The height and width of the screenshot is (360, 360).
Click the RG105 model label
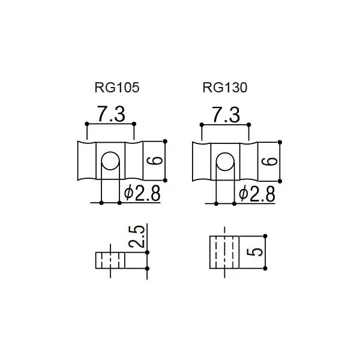117,88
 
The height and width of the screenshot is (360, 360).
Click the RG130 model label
225,88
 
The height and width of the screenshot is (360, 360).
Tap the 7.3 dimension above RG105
112,114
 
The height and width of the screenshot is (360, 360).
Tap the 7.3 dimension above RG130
226,115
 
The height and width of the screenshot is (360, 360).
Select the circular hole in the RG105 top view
110,161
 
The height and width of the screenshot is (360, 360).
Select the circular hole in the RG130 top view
225,161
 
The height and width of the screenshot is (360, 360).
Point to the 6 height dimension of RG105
155,161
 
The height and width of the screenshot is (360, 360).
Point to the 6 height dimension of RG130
269,161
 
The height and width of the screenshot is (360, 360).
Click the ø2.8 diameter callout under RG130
257,194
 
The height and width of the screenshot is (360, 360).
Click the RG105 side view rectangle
110,260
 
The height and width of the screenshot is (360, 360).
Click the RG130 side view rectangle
224,252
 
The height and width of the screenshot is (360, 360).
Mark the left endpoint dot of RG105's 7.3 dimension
87,124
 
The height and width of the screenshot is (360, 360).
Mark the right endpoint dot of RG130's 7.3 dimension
248,125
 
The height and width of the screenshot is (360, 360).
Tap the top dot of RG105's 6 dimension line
165,141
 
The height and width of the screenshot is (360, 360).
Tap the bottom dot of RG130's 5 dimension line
265,268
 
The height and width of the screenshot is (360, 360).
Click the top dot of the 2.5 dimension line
147,253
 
